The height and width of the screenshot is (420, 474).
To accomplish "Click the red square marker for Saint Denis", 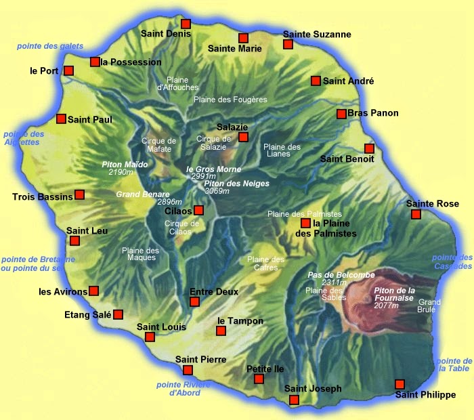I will [186, 24].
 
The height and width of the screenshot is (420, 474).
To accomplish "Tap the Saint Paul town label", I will [90, 119].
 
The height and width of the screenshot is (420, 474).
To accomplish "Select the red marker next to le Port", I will [68, 70].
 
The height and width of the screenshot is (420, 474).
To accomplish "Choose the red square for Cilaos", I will [198, 210].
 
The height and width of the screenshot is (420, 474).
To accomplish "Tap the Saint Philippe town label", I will [425, 395].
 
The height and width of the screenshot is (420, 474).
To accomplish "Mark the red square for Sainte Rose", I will [416, 214].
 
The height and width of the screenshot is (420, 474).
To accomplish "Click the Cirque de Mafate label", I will [158, 145].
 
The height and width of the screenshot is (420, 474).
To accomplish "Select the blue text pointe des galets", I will [50, 46].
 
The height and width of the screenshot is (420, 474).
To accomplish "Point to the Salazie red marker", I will [244, 138].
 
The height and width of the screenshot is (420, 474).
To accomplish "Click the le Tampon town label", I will [240, 321].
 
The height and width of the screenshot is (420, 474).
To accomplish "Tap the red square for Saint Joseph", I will [294, 400].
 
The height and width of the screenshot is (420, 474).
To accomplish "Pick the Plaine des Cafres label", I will [265, 264].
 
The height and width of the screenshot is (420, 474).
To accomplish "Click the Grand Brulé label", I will [429, 306].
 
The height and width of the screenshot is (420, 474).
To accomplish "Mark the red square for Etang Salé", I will [118, 314].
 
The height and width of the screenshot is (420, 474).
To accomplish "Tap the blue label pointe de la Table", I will [454, 364].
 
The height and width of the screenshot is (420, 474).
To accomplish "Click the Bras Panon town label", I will [372, 113].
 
